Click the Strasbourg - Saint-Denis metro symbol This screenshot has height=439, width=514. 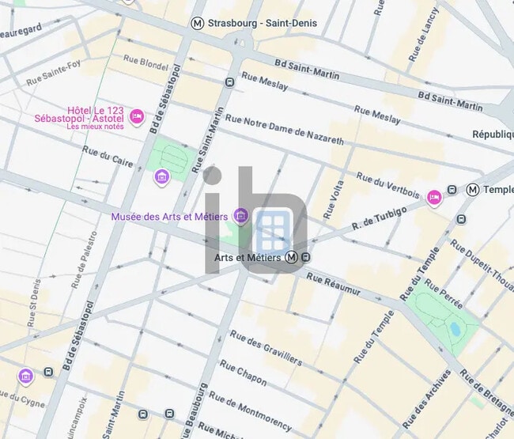pyautogui.click(x=198, y=24)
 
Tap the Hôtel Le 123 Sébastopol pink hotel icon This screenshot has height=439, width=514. pyautogui.click(x=137, y=117)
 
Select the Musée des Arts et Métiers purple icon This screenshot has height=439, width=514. pyautogui.click(x=242, y=216)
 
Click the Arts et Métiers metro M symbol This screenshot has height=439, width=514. pyautogui.click(x=292, y=257)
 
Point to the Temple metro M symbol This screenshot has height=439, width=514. pyautogui.click(x=473, y=190)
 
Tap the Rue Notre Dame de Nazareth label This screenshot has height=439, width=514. pyautogui.click(x=285, y=129)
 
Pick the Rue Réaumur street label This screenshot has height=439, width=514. pyautogui.click(x=333, y=285)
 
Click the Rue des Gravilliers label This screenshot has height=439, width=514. pyautogui.click(x=266, y=348)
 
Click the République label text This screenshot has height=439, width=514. pyautogui.click(x=493, y=134)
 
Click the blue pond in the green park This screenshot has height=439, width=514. pyautogui.click(x=455, y=328)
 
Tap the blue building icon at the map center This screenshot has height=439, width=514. pyautogui.click(x=274, y=229)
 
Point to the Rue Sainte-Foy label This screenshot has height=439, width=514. pyautogui.click(x=54, y=78)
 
